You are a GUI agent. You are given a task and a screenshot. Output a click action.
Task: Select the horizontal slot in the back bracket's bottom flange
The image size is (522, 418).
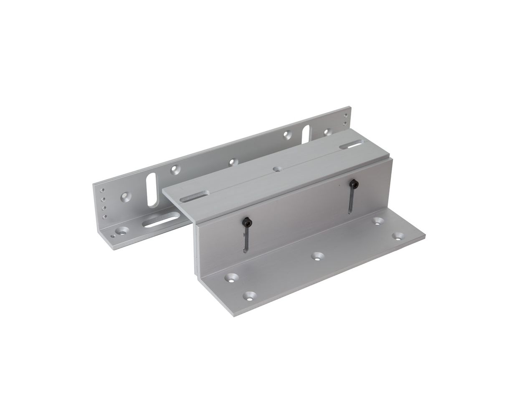click(161, 221)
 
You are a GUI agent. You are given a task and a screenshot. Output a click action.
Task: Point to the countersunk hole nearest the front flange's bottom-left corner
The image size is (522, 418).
click(250, 296)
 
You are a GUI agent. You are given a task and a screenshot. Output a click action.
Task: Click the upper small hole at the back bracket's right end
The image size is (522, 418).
click(345, 113)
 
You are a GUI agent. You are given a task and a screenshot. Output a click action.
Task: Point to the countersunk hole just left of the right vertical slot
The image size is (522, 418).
click(287, 135)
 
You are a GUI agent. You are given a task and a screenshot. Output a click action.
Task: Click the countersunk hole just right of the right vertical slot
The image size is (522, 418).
click(327, 133)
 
